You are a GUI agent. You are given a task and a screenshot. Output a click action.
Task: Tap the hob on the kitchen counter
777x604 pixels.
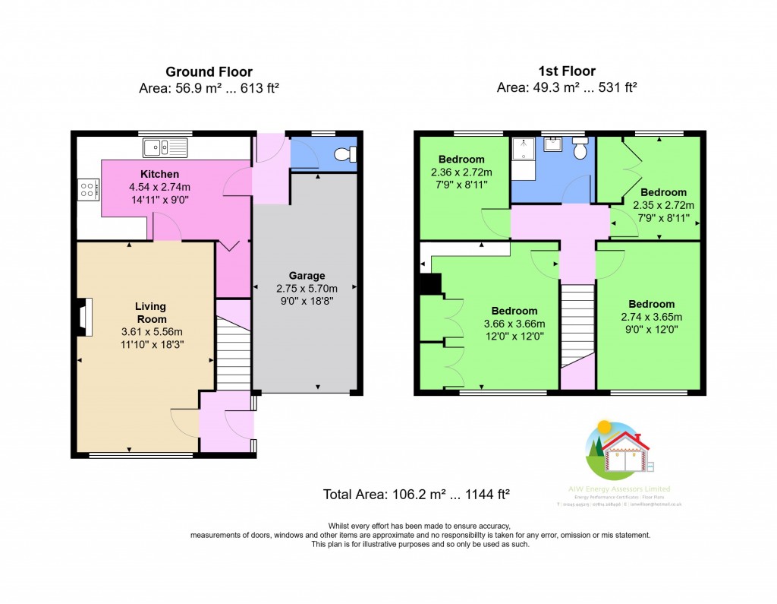point(88,188)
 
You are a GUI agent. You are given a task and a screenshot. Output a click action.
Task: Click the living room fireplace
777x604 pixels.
point(84,317)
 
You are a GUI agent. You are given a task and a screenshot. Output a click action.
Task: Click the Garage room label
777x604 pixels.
point(307,275)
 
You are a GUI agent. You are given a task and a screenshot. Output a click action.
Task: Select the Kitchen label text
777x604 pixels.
point(159,174)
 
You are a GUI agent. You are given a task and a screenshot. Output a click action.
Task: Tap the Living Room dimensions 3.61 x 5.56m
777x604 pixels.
point(152,332)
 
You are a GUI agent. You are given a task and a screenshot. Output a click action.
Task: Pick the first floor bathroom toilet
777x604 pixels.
point(580,150)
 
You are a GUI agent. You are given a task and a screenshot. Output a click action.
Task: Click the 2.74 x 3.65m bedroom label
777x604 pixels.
point(651,304)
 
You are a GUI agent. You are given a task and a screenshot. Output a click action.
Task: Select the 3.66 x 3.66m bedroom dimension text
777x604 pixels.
point(514,324)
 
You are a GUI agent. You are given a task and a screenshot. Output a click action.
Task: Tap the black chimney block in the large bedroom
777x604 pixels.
point(430,283)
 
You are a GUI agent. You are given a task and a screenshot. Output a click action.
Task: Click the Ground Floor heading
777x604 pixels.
point(209,72)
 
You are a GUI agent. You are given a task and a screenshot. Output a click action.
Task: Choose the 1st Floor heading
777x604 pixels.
point(565,72)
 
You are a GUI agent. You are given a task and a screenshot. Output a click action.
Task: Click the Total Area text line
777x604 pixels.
point(416,494)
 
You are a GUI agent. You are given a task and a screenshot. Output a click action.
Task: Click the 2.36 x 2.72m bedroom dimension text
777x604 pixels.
point(461,172)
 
